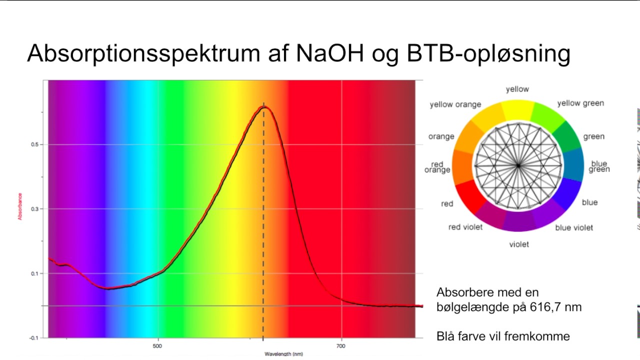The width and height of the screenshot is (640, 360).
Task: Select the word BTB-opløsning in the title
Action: coord(488,53)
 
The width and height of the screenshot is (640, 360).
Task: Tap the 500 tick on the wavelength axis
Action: coord(157,346)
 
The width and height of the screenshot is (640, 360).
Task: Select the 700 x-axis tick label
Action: coord(341,346)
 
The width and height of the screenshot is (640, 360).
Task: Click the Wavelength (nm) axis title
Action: coord(283,354)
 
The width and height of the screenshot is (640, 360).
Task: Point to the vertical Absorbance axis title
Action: coord(20,206)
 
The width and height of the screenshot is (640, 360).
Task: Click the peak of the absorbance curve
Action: coord(264,106)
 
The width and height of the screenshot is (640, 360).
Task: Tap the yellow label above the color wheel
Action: coord(517,89)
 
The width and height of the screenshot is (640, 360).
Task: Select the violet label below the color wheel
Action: coord(518,244)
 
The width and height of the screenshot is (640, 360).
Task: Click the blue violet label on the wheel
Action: coord(574,227)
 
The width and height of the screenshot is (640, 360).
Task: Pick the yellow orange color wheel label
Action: coord(455,104)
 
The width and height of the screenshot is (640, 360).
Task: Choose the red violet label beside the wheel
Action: coord(465,227)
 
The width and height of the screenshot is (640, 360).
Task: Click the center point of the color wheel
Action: coord(518,165)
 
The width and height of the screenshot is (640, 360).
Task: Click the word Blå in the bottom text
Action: coord(446,336)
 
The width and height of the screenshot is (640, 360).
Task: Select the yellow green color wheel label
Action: coord(580,103)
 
